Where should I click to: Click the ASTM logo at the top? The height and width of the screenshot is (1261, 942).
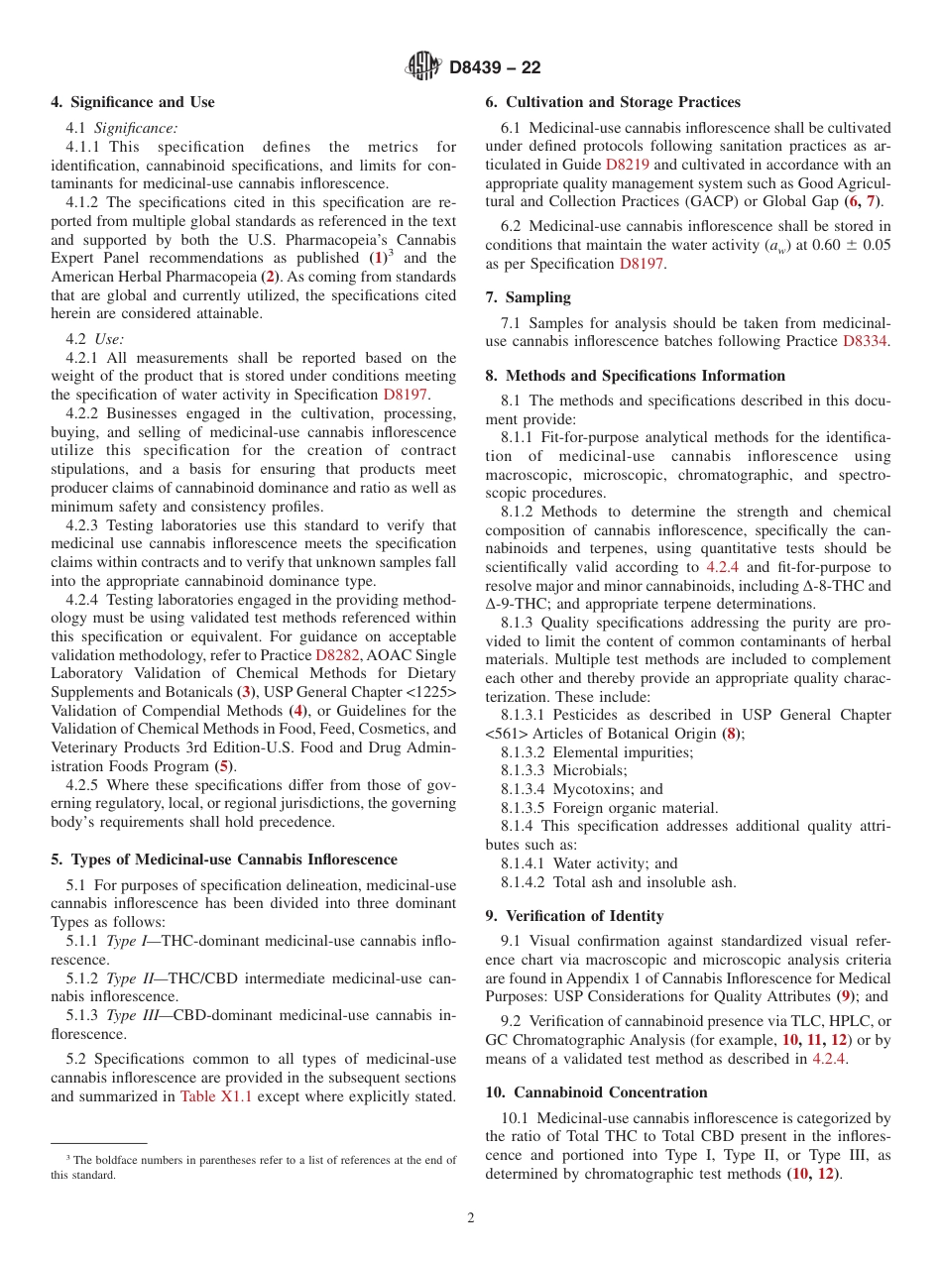[x=423, y=67]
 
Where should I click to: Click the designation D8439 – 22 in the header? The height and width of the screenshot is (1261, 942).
[x=495, y=68]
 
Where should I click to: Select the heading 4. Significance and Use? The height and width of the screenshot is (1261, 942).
[x=132, y=102]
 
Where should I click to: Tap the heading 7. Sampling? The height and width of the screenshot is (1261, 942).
[x=528, y=297]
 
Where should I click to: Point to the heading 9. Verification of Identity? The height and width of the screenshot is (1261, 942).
[x=574, y=916]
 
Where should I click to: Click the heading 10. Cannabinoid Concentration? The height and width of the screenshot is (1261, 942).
[x=596, y=1092]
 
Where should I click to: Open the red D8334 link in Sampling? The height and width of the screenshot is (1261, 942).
[x=866, y=341]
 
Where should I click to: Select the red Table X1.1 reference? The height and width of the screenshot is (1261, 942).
[x=209, y=1096]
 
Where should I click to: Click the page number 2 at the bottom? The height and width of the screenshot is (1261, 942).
[x=471, y=1218]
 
